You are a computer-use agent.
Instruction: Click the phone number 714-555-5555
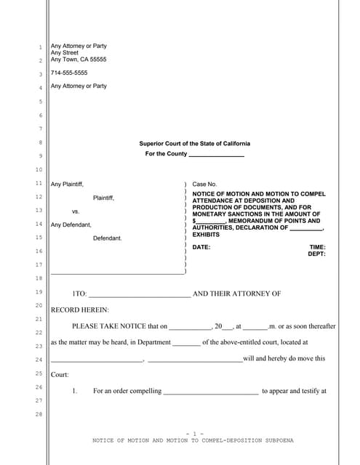click(69, 73)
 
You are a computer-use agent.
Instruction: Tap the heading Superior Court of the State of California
click(194, 143)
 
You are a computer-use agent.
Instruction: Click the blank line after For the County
click(216, 155)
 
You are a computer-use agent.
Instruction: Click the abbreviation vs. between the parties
click(76, 211)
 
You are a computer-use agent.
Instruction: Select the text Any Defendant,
click(71, 225)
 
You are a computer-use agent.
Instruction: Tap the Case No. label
click(204, 185)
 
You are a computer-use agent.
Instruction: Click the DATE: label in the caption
click(201, 247)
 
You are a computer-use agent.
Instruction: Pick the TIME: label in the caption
click(317, 247)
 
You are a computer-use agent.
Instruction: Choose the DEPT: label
click(316, 254)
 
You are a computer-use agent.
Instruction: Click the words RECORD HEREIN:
click(79, 310)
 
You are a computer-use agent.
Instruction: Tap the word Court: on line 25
click(60, 374)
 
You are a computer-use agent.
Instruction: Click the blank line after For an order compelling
click(210, 392)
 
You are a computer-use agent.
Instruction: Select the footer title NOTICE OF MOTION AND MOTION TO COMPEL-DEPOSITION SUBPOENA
click(193, 440)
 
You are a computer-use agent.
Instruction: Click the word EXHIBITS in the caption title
click(206, 235)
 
